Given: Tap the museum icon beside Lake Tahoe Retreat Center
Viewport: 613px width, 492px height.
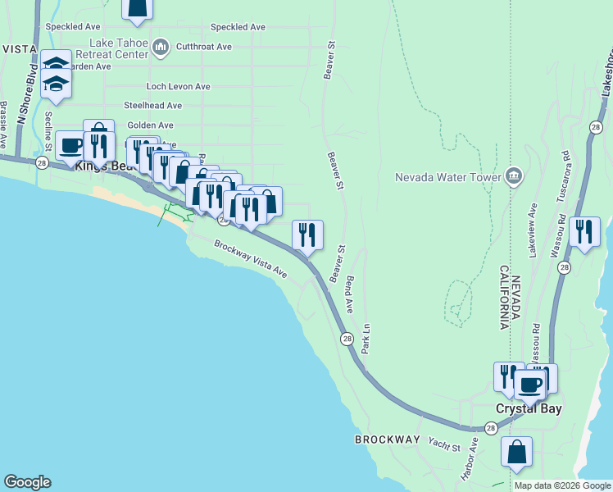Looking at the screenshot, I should [161, 48].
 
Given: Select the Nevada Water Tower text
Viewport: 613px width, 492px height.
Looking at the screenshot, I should [447, 176].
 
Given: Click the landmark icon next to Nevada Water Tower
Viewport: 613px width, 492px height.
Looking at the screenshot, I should [513, 175].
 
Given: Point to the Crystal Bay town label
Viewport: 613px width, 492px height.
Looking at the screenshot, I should [529, 408].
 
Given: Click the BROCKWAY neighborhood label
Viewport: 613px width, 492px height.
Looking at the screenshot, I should [388, 440].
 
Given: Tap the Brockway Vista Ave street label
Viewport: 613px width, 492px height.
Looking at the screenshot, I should [251, 257].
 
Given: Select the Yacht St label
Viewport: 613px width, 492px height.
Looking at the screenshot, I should [444, 444].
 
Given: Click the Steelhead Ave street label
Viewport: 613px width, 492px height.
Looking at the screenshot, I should [152, 106].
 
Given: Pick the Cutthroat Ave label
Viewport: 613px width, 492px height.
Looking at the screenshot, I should [203, 47].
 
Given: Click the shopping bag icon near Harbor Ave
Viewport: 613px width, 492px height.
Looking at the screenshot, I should [516, 452].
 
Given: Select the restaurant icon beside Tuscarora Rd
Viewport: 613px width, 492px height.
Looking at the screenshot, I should [584, 232].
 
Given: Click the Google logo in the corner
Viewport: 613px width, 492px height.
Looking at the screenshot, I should [27, 482].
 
